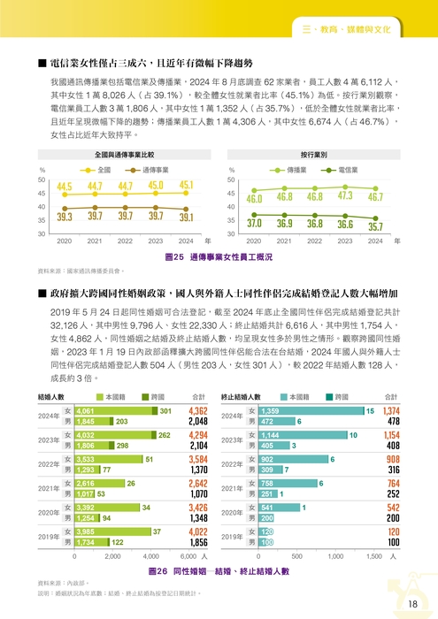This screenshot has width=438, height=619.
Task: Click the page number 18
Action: point(412,603)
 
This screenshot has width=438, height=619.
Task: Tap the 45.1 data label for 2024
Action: point(186,185)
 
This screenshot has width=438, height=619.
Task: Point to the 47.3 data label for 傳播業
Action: point(345,195)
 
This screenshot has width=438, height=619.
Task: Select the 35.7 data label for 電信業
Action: point(375,226)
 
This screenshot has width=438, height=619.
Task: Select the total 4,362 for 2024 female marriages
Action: point(198,411)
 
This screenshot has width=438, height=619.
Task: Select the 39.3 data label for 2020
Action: point(64,217)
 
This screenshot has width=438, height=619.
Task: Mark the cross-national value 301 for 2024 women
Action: point(165,411)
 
